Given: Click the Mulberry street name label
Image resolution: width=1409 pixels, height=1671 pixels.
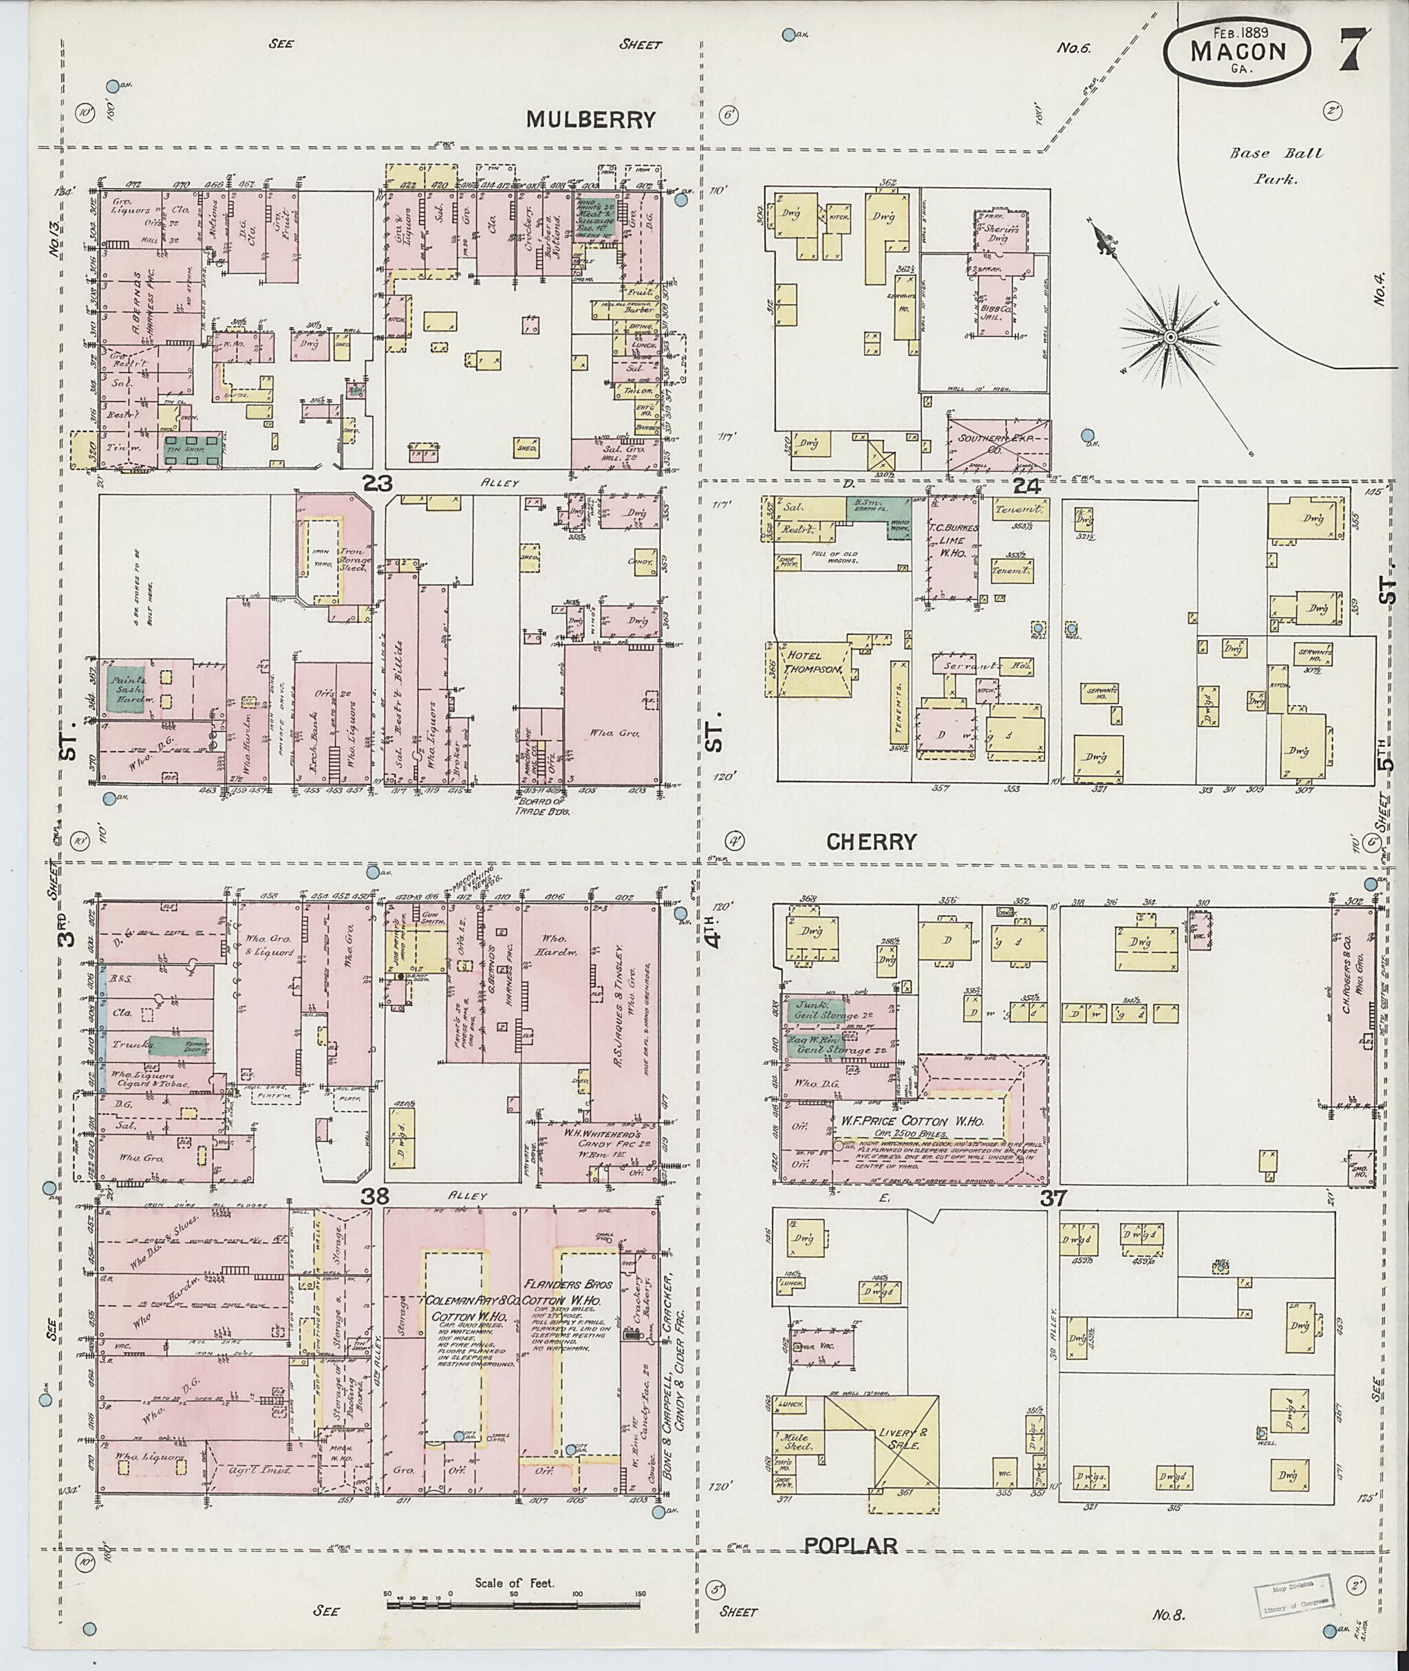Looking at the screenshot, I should tap(590, 120).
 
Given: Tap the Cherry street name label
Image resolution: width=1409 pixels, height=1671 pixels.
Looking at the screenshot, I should tap(870, 841).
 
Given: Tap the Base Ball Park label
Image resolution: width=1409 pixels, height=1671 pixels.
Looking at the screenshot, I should tap(1276, 165).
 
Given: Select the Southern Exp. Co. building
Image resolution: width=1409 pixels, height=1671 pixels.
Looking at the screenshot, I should tap(998, 440).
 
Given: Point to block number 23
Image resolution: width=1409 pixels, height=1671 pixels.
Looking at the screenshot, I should tap(376, 482).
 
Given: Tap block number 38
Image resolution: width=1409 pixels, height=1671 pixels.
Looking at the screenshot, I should tap(376, 1197).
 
